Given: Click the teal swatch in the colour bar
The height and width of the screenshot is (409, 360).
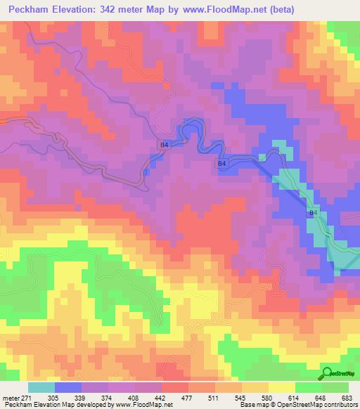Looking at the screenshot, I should [x=41, y=387].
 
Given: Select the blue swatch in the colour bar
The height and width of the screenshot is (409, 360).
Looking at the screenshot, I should [x=68, y=387].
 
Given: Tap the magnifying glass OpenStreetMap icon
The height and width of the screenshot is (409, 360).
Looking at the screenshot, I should [x=328, y=372].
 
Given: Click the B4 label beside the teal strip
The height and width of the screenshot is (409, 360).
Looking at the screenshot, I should [x=314, y=212].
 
